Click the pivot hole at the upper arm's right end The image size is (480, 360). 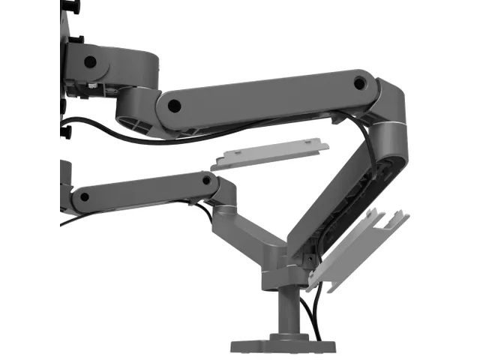(x=360, y=81)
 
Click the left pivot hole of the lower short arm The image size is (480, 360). (x=84, y=197)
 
